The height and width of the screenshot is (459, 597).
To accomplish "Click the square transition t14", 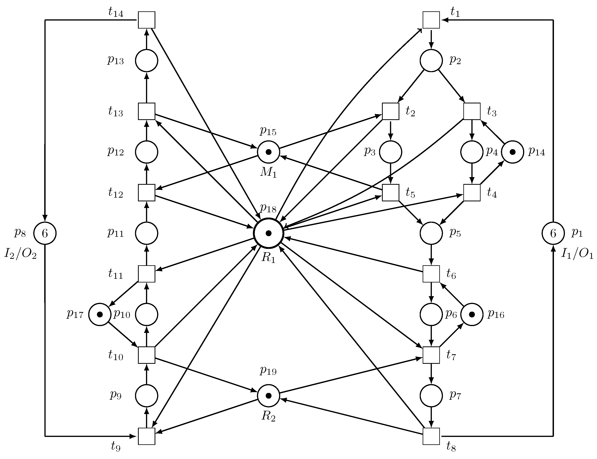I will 147,20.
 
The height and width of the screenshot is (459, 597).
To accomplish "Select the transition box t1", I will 431,20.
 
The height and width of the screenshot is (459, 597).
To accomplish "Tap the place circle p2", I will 431,61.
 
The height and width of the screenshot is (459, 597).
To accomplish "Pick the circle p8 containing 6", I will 45,233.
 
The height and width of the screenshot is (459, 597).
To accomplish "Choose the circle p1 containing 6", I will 553,233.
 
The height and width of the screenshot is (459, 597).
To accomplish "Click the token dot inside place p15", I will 269,152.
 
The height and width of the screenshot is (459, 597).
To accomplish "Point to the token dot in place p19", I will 269,395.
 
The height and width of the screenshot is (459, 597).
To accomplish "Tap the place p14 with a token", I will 512,152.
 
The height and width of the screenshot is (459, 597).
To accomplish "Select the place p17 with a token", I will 100,315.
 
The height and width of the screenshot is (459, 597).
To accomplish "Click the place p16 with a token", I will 472,315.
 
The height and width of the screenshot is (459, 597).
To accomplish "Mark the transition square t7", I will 431,355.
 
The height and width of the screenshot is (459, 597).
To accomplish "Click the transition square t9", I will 147,436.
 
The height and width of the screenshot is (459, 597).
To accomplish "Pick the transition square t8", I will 431,436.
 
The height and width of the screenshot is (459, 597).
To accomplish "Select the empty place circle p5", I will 431,233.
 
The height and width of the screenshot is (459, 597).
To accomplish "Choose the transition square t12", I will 147,193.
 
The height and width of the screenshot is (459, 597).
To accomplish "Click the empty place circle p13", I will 147,61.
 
